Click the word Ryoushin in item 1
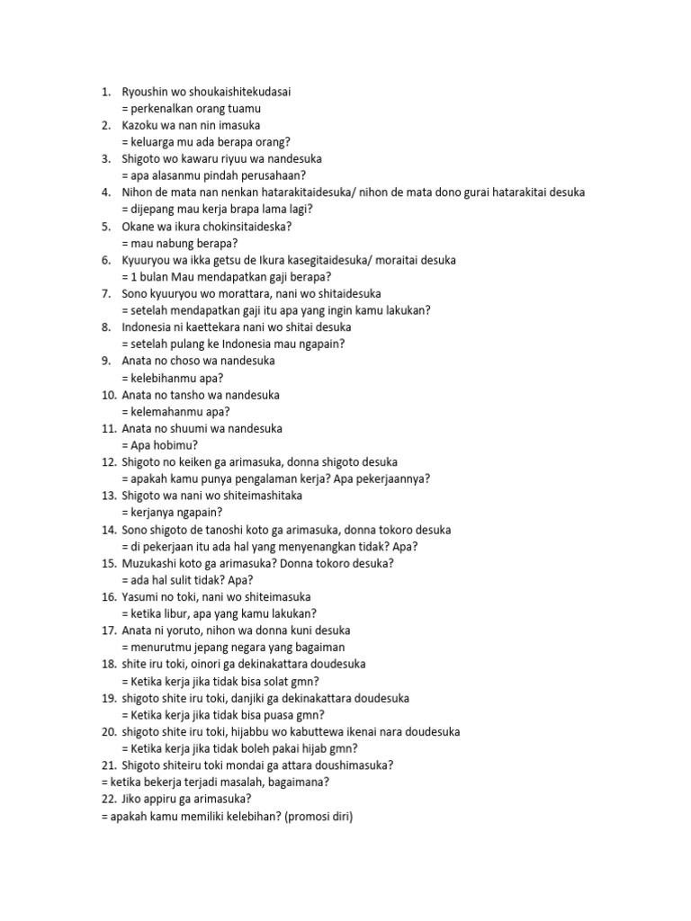click(148, 92)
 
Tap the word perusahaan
click(268, 175)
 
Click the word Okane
click(139, 226)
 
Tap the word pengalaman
click(257, 478)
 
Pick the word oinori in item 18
click(202, 664)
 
